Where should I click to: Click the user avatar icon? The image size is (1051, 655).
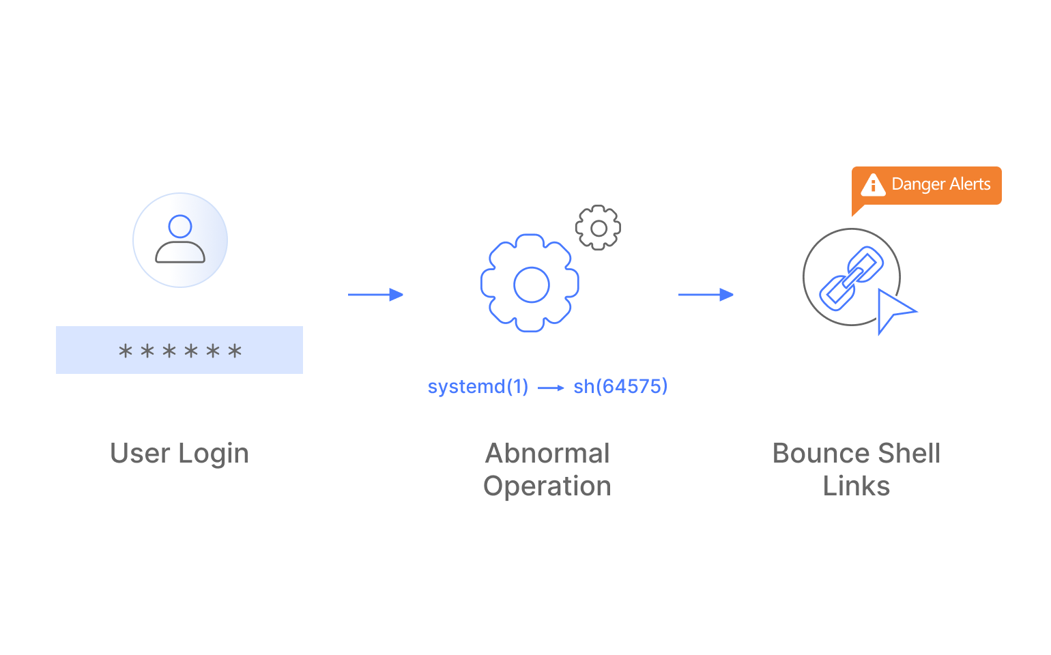tap(180, 239)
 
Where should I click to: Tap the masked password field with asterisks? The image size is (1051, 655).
tap(179, 350)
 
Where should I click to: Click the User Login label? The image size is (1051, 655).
tap(179, 453)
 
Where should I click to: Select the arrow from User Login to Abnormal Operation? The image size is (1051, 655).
tap(375, 295)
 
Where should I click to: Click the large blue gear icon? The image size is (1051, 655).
tap(530, 283)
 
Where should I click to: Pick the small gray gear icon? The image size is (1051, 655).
tap(598, 228)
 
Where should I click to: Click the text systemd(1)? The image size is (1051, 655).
tap(478, 387)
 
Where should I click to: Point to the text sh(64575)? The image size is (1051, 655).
tap(620, 387)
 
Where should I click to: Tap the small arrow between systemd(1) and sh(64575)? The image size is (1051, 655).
tap(551, 388)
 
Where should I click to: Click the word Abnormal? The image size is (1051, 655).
tap(547, 453)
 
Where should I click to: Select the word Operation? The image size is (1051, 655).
tap(547, 486)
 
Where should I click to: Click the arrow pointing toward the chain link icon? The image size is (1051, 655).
tap(706, 295)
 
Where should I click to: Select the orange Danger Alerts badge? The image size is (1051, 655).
tap(927, 186)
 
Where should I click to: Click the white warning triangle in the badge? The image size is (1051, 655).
tap(873, 185)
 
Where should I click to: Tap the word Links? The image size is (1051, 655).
tap(856, 486)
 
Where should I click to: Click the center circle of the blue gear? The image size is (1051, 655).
tap(531, 285)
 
